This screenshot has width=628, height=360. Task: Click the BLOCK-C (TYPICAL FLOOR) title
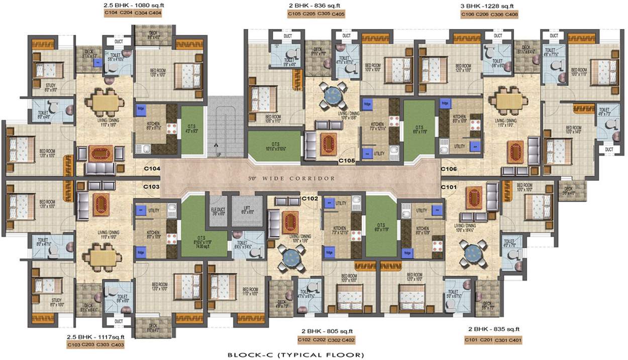click(x=295, y=355)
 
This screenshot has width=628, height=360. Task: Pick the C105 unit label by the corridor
click(x=347, y=161)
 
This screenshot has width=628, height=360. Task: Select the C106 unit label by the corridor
click(x=449, y=169)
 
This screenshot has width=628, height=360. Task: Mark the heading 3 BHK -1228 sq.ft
click(x=489, y=6)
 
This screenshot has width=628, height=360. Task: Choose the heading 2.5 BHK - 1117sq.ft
click(x=95, y=337)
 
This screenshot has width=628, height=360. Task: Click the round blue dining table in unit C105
click(x=332, y=93)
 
